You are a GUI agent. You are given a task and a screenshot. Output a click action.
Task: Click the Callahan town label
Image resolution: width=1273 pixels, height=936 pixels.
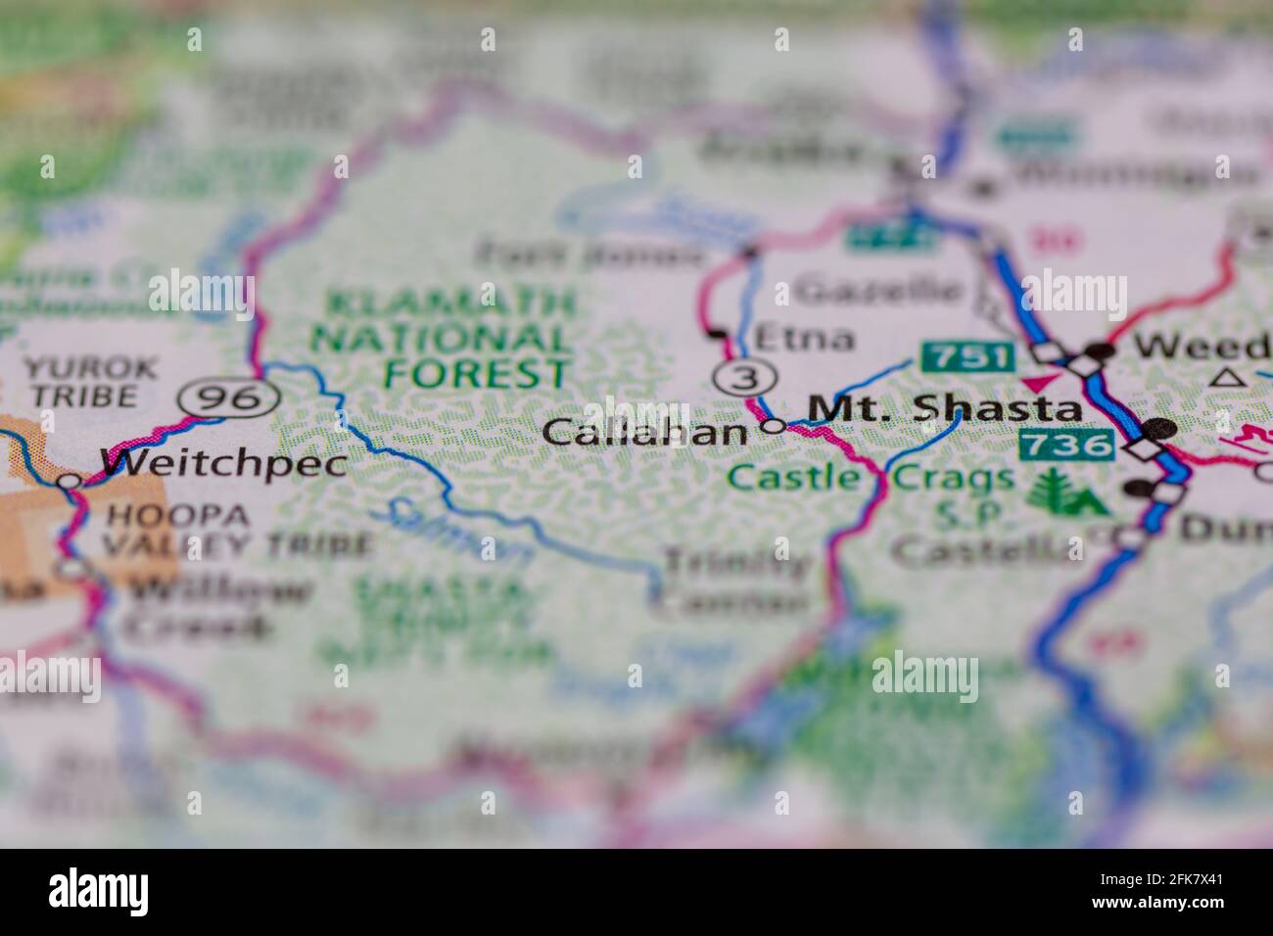tap(644, 432)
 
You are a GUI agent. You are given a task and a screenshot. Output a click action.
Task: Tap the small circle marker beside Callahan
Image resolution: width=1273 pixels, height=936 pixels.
tap(774, 426)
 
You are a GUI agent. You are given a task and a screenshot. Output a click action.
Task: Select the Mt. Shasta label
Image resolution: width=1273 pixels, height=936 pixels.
tap(946, 409)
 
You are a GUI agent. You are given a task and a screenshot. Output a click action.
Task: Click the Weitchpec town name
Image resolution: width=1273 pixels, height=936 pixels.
tap(223, 463)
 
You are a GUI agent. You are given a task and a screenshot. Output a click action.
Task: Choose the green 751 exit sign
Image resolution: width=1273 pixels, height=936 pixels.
tap(967, 356)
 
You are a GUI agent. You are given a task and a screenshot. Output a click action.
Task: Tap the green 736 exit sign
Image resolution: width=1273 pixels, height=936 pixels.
tap(1066, 445)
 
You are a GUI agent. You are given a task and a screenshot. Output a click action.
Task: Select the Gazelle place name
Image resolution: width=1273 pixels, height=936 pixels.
tap(877, 291)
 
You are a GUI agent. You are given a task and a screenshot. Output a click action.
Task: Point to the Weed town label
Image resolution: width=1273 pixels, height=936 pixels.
tap(1202, 346)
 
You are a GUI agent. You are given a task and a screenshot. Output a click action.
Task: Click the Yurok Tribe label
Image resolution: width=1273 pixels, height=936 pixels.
tap(89, 383)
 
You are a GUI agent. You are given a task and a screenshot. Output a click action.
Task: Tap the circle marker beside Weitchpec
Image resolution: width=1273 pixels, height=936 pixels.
tap(69, 482)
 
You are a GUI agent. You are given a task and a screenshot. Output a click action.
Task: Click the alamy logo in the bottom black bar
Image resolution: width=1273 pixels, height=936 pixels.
tap(99, 892)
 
